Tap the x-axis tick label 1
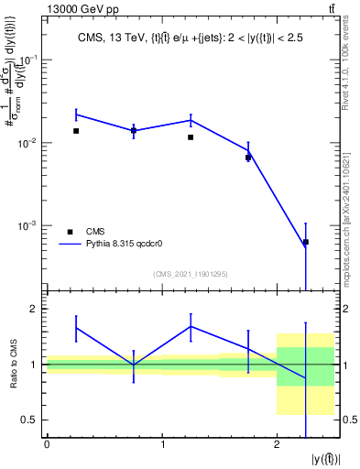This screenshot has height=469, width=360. tap(162, 446)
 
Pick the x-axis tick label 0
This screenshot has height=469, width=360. tap(47, 446)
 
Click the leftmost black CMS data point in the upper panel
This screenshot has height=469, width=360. tap(76, 131)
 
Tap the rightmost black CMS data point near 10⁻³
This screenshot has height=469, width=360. tap(306, 242)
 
